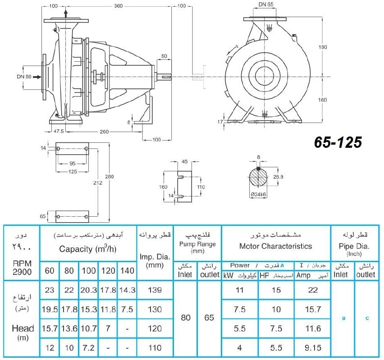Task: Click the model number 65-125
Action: (x=338, y=142)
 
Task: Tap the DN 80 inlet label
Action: (x=24, y=77)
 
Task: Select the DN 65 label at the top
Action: (x=266, y=5)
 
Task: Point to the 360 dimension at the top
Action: (x=118, y=6)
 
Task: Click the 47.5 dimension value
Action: (x=59, y=131)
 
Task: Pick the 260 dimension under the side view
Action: (x=104, y=132)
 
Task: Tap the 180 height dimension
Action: (x=323, y=47)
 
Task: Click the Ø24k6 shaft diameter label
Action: (x=258, y=195)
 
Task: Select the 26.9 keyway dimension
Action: (x=278, y=177)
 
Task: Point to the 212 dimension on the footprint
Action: (x=97, y=182)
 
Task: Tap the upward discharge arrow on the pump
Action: (x=66, y=14)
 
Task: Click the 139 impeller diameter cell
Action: (x=155, y=290)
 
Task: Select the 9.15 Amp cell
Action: (x=313, y=348)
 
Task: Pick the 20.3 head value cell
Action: (x=89, y=290)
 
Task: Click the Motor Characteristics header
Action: (x=275, y=246)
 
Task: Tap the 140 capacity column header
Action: (x=127, y=271)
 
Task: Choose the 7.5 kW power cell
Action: (x=239, y=309)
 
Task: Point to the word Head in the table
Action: (x=23, y=328)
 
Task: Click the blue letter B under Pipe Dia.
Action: (x=343, y=319)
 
